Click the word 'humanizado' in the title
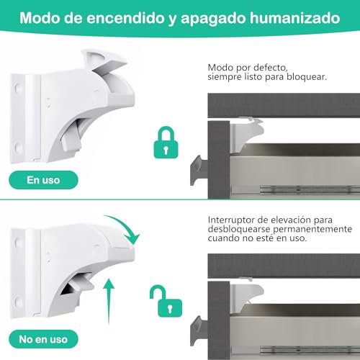(x=295, y=18)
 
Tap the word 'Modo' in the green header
(x=40, y=18)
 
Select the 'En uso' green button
(x=43, y=180)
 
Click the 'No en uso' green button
(x=43, y=339)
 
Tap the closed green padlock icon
(x=166, y=143)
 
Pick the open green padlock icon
(x=166, y=301)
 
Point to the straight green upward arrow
(x=109, y=302)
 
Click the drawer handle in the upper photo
(x=199, y=170)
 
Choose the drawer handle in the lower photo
(x=199, y=330)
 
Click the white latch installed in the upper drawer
(x=246, y=135)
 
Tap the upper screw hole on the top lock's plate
(x=17, y=88)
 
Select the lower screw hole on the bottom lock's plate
(x=18, y=302)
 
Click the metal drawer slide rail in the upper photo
(x=310, y=189)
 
